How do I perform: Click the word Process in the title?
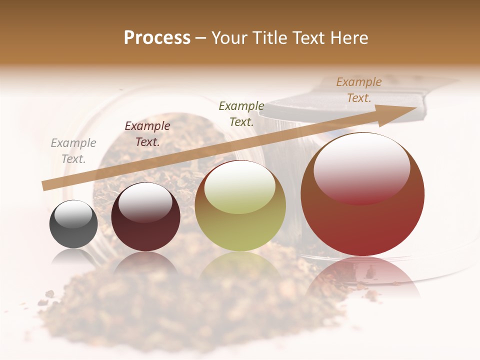pos(157,38)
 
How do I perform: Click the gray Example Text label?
pos(73,151)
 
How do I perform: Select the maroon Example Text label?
pos(147,134)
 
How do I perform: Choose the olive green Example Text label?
pos(241,113)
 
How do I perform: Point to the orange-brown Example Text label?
pos(359,90)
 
